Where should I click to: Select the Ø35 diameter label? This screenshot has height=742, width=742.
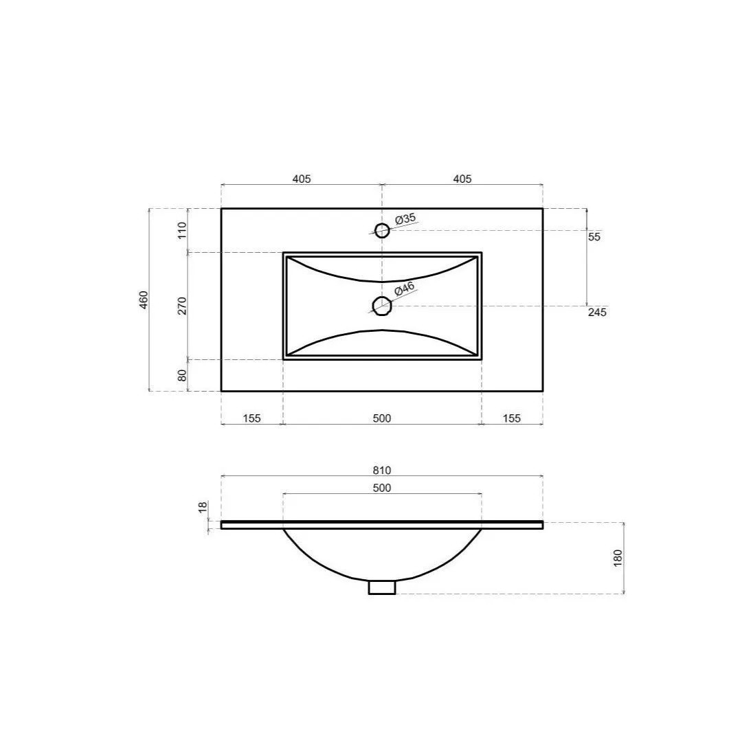[405, 218]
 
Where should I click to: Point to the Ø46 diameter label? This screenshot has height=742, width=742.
[405, 288]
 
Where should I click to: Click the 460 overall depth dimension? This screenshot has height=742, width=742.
[144, 300]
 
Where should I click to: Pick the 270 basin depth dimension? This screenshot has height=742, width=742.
[182, 306]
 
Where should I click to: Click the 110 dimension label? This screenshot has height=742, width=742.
[182, 230]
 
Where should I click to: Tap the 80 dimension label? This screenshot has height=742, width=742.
[182, 375]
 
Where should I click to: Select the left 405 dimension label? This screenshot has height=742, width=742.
[302, 179]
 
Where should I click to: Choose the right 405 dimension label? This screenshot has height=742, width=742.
[462, 179]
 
